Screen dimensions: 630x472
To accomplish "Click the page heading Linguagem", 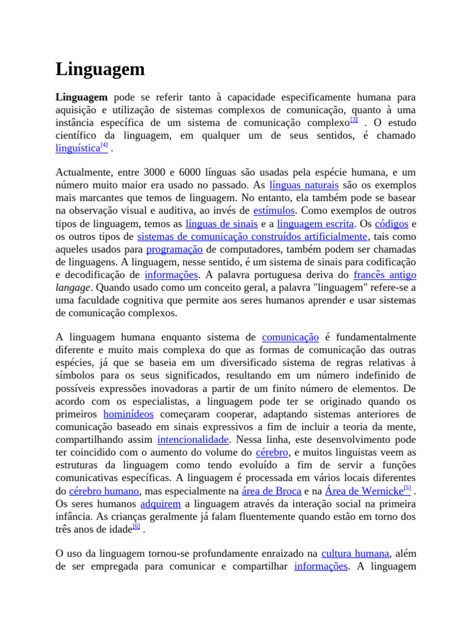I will pos(100,69).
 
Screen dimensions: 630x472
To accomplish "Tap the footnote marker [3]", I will pos(354,120).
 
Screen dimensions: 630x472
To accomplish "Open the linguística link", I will pos(77,148).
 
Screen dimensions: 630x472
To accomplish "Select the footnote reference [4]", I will pos(104,146).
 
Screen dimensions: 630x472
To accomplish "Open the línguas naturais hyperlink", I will pos(304,185).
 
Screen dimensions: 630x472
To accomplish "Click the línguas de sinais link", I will pos(221,224).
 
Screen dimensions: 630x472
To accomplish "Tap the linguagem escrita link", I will pos(315,224).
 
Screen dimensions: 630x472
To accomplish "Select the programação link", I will pos(175,249).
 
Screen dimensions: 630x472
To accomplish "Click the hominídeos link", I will pos(128,414).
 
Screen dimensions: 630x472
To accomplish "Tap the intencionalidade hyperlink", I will pos(193,440).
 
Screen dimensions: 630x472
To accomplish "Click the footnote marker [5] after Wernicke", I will pos(407,488).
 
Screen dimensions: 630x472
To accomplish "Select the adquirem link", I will pos(160,504).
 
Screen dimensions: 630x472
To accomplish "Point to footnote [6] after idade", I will pos(136,527).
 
